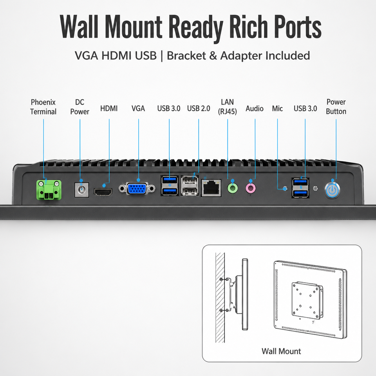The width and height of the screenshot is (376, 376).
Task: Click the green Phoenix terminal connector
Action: coord(49,190)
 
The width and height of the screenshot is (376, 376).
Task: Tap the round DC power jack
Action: coord(82,190)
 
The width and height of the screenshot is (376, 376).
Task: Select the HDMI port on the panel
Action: coord(103,192)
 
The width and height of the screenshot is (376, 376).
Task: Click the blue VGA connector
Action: coord(137,188)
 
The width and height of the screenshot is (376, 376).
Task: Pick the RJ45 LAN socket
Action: coord(211,188)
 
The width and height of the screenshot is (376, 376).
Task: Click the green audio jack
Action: coord(233,188)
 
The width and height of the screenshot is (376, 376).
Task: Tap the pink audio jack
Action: coord(251,188)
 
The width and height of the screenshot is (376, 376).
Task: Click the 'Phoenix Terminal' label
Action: coord(43,107)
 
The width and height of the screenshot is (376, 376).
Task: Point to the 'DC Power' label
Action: coord(80,107)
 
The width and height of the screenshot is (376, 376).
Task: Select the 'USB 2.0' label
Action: coord(199,108)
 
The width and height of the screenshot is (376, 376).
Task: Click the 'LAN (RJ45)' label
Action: coord(227,107)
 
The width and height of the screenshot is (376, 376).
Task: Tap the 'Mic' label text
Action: coord(277,108)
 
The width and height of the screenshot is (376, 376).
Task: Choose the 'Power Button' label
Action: coord(336,107)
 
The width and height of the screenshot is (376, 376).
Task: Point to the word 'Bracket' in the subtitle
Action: coord(186,56)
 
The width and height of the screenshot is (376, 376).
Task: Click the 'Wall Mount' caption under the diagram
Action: coord(281,351)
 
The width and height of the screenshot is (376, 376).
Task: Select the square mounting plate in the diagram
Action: coord(306,301)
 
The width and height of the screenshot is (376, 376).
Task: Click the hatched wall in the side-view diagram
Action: coord(220,298)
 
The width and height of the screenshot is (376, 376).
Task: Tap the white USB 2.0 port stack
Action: coord(190,186)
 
